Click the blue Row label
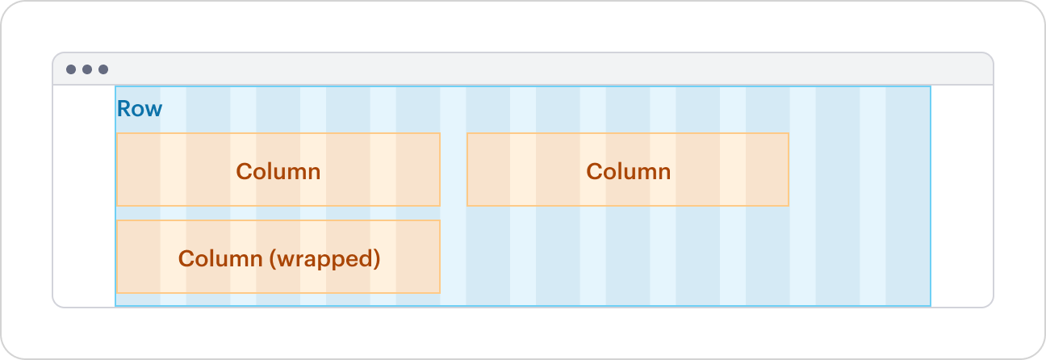140,109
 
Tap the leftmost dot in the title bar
71,69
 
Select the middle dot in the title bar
87,69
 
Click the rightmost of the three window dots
103,69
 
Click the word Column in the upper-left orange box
278,171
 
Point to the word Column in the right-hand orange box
628,171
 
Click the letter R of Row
124,109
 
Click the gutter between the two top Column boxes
453,170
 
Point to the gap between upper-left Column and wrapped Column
278,213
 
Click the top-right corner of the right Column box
788,134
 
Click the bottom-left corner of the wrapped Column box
118,291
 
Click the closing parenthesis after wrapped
376,260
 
